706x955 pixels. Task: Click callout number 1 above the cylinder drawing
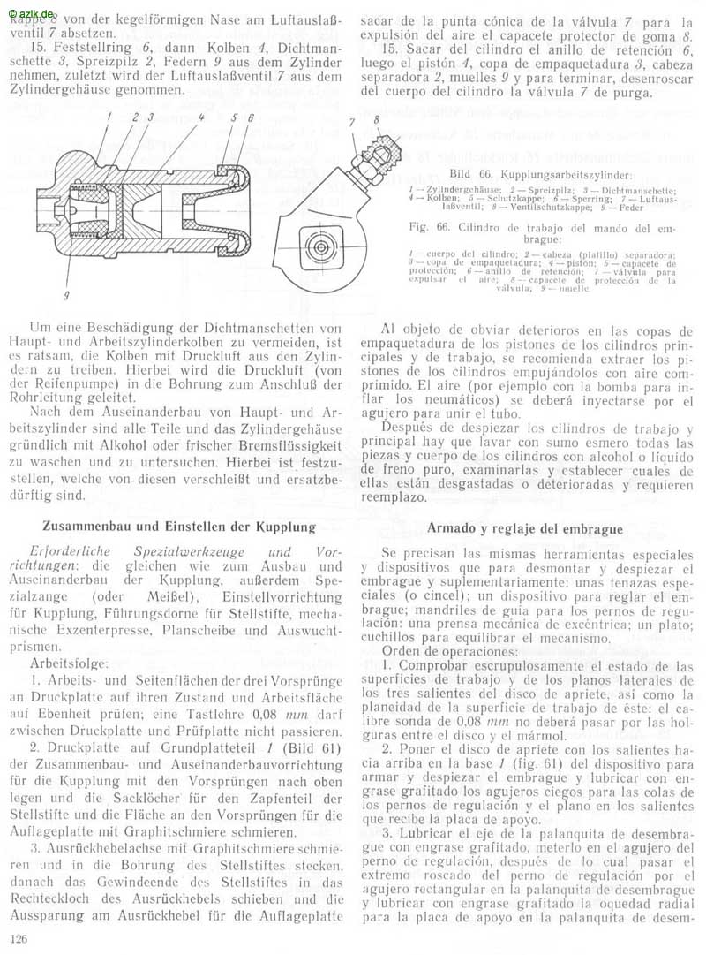point(109,116)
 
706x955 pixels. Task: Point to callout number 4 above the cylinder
point(201,116)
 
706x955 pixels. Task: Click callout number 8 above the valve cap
point(376,117)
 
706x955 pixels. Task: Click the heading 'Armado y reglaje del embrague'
point(525,528)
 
